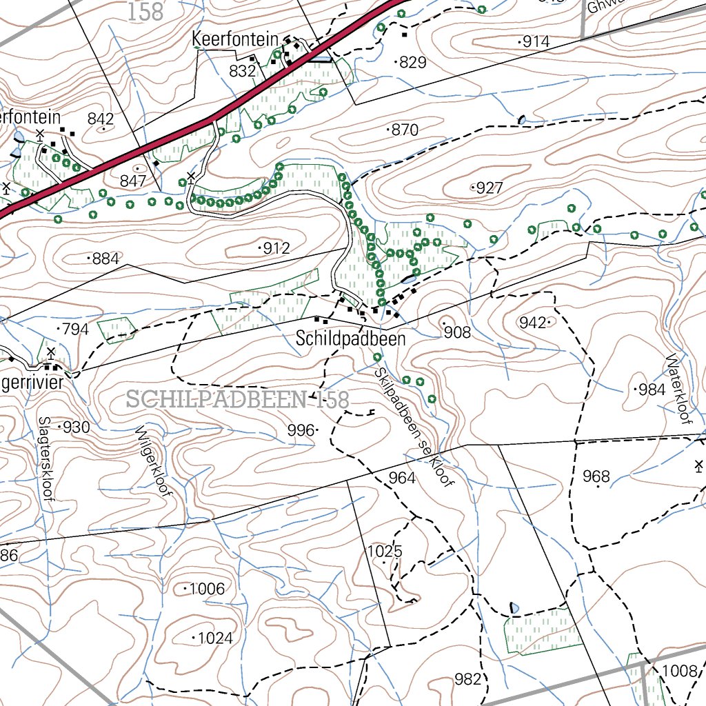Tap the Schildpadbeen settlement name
350,339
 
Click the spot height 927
489,188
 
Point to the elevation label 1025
384,552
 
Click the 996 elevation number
301,430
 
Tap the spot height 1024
214,638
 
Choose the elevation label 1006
207,589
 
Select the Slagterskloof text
46,462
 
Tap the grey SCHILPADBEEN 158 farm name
238,399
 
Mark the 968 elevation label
596,476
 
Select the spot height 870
405,130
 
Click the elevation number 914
536,42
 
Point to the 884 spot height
105,259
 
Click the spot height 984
652,390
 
